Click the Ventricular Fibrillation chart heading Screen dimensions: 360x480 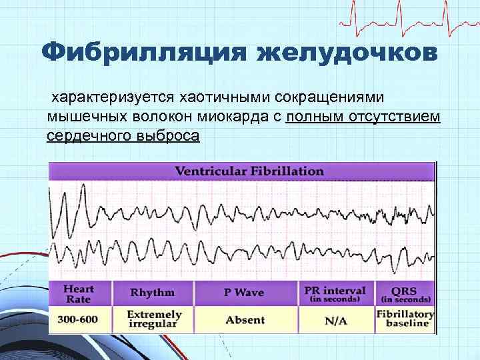[249, 171]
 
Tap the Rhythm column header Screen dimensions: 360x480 [153, 293]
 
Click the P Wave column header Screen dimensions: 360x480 [245, 293]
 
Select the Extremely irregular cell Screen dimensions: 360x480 [153, 319]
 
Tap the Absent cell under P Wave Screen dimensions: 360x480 [245, 319]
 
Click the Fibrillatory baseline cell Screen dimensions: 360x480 [405, 319]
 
